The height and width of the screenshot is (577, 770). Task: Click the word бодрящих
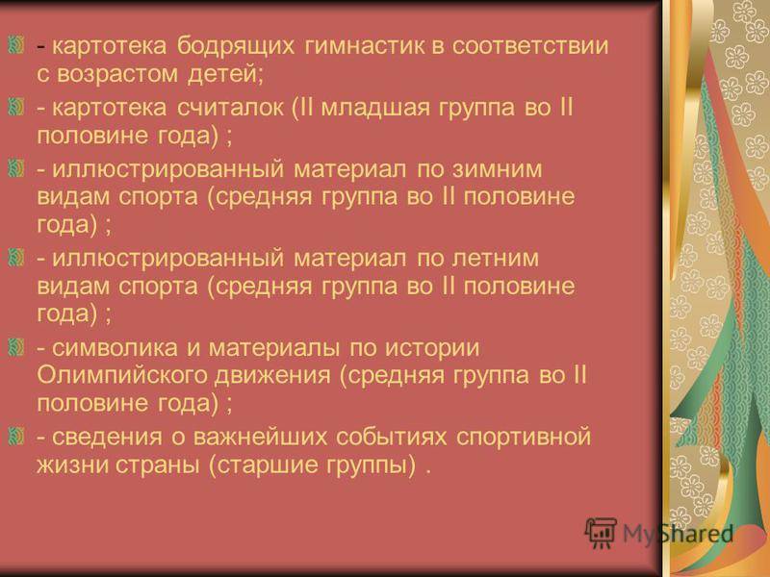tap(236, 46)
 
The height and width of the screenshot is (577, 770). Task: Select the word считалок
tap(230, 108)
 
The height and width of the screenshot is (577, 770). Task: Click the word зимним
tap(497, 170)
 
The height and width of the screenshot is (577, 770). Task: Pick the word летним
tap(495, 259)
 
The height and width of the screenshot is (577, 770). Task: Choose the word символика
tap(115, 348)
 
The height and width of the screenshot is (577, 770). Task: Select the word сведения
tap(107, 438)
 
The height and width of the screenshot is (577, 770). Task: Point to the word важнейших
tap(260, 438)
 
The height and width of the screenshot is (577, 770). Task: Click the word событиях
tap(392, 438)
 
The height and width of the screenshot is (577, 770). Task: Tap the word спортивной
tap(524, 438)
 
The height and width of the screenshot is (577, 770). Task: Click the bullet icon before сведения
tap(16, 436)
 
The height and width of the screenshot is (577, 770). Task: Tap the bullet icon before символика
tap(16, 346)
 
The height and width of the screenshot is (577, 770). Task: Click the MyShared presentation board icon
tap(601, 533)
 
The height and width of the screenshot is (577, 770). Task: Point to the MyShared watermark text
tap(679, 534)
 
